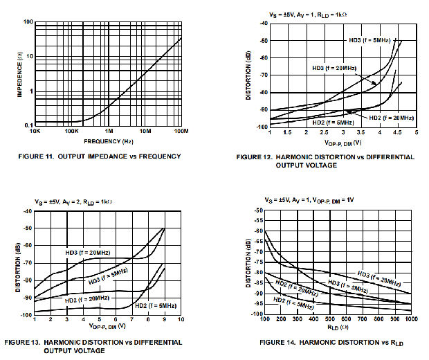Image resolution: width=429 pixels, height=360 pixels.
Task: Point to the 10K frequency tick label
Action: click(x=35, y=130)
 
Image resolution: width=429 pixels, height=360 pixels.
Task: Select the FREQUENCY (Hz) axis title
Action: click(x=109, y=141)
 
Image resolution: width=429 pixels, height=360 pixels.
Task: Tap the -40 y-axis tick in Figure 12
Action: click(x=262, y=24)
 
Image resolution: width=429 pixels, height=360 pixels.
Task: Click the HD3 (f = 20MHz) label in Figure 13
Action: click(x=88, y=253)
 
